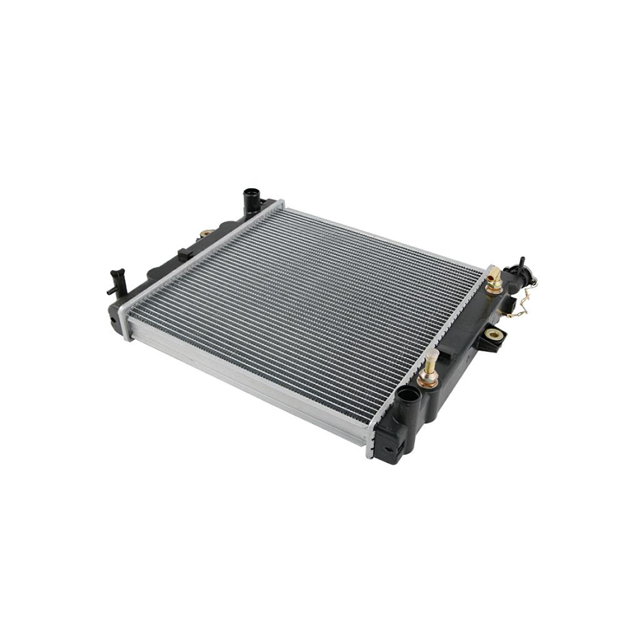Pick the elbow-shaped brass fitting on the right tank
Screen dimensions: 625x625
(x=494, y=278)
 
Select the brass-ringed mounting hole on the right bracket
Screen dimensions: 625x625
(x=494, y=336)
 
